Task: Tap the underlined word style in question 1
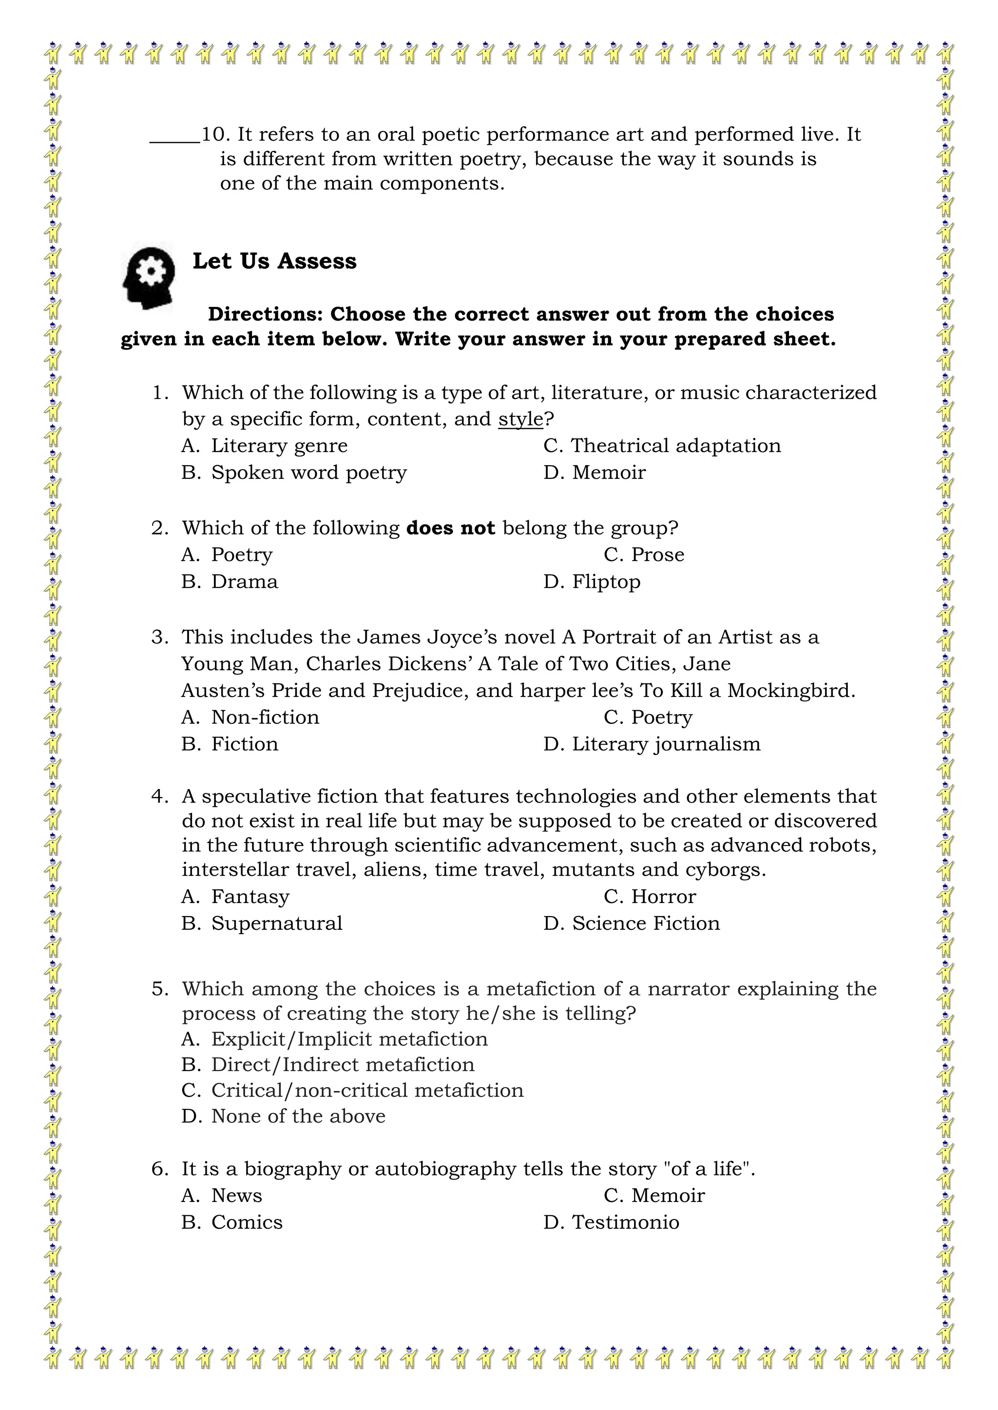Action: (x=520, y=419)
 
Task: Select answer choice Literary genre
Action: (x=279, y=446)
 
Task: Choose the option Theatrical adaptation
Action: (x=675, y=446)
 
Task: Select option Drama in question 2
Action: (x=244, y=582)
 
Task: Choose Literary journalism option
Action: (x=666, y=744)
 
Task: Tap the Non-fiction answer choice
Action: (x=265, y=717)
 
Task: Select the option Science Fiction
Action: (x=645, y=923)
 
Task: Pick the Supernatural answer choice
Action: (x=276, y=923)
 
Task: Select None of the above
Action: (x=298, y=1116)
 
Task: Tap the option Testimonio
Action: (x=625, y=1222)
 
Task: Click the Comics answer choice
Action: (x=247, y=1222)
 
